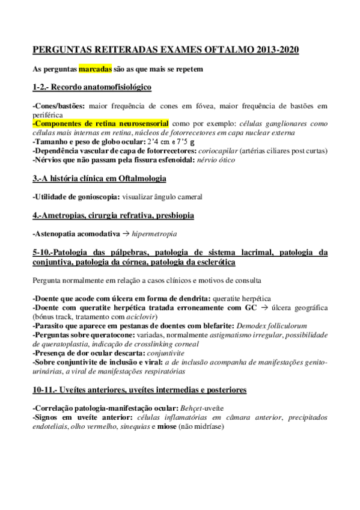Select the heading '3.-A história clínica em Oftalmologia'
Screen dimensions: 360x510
click(99, 179)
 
